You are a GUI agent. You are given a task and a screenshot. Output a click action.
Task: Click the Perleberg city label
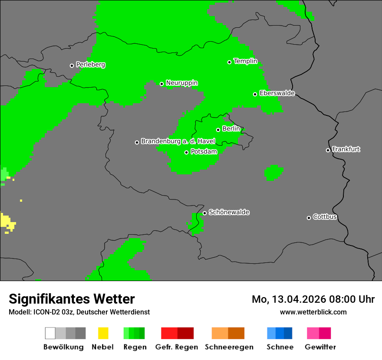click(x=90, y=65)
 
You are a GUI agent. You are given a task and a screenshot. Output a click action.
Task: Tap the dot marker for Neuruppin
click(x=161, y=84)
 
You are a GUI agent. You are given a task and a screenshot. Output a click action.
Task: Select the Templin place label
click(x=245, y=61)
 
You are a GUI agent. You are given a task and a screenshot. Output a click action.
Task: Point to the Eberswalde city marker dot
click(x=255, y=94)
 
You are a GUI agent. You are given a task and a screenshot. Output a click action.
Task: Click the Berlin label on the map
click(x=231, y=129)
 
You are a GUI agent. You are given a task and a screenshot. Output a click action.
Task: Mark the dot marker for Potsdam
click(x=186, y=152)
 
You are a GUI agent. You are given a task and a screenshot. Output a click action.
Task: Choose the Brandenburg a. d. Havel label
click(x=178, y=141)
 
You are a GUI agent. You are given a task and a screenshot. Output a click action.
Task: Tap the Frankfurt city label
click(x=346, y=149)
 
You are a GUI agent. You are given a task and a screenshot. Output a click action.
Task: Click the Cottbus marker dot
click(x=309, y=218)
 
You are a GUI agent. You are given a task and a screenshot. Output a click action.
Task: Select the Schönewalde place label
click(x=229, y=212)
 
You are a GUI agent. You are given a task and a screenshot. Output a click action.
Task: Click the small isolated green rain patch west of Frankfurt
click(x=274, y=173)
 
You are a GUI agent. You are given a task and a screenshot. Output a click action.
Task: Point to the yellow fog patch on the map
click(x=7, y=222)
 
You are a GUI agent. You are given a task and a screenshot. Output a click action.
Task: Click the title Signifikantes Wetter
click(x=72, y=299)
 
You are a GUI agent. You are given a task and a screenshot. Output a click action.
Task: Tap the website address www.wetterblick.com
click(x=313, y=312)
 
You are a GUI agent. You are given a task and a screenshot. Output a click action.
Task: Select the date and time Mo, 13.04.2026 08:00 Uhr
click(x=313, y=299)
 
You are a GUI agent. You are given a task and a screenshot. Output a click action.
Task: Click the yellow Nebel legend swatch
click(x=103, y=333)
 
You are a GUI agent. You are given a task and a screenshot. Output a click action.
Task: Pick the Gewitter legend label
click(x=320, y=347)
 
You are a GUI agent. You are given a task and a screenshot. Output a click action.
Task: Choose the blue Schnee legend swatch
click(x=280, y=333)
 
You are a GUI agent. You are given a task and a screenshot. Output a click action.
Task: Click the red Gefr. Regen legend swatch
click(x=177, y=333)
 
